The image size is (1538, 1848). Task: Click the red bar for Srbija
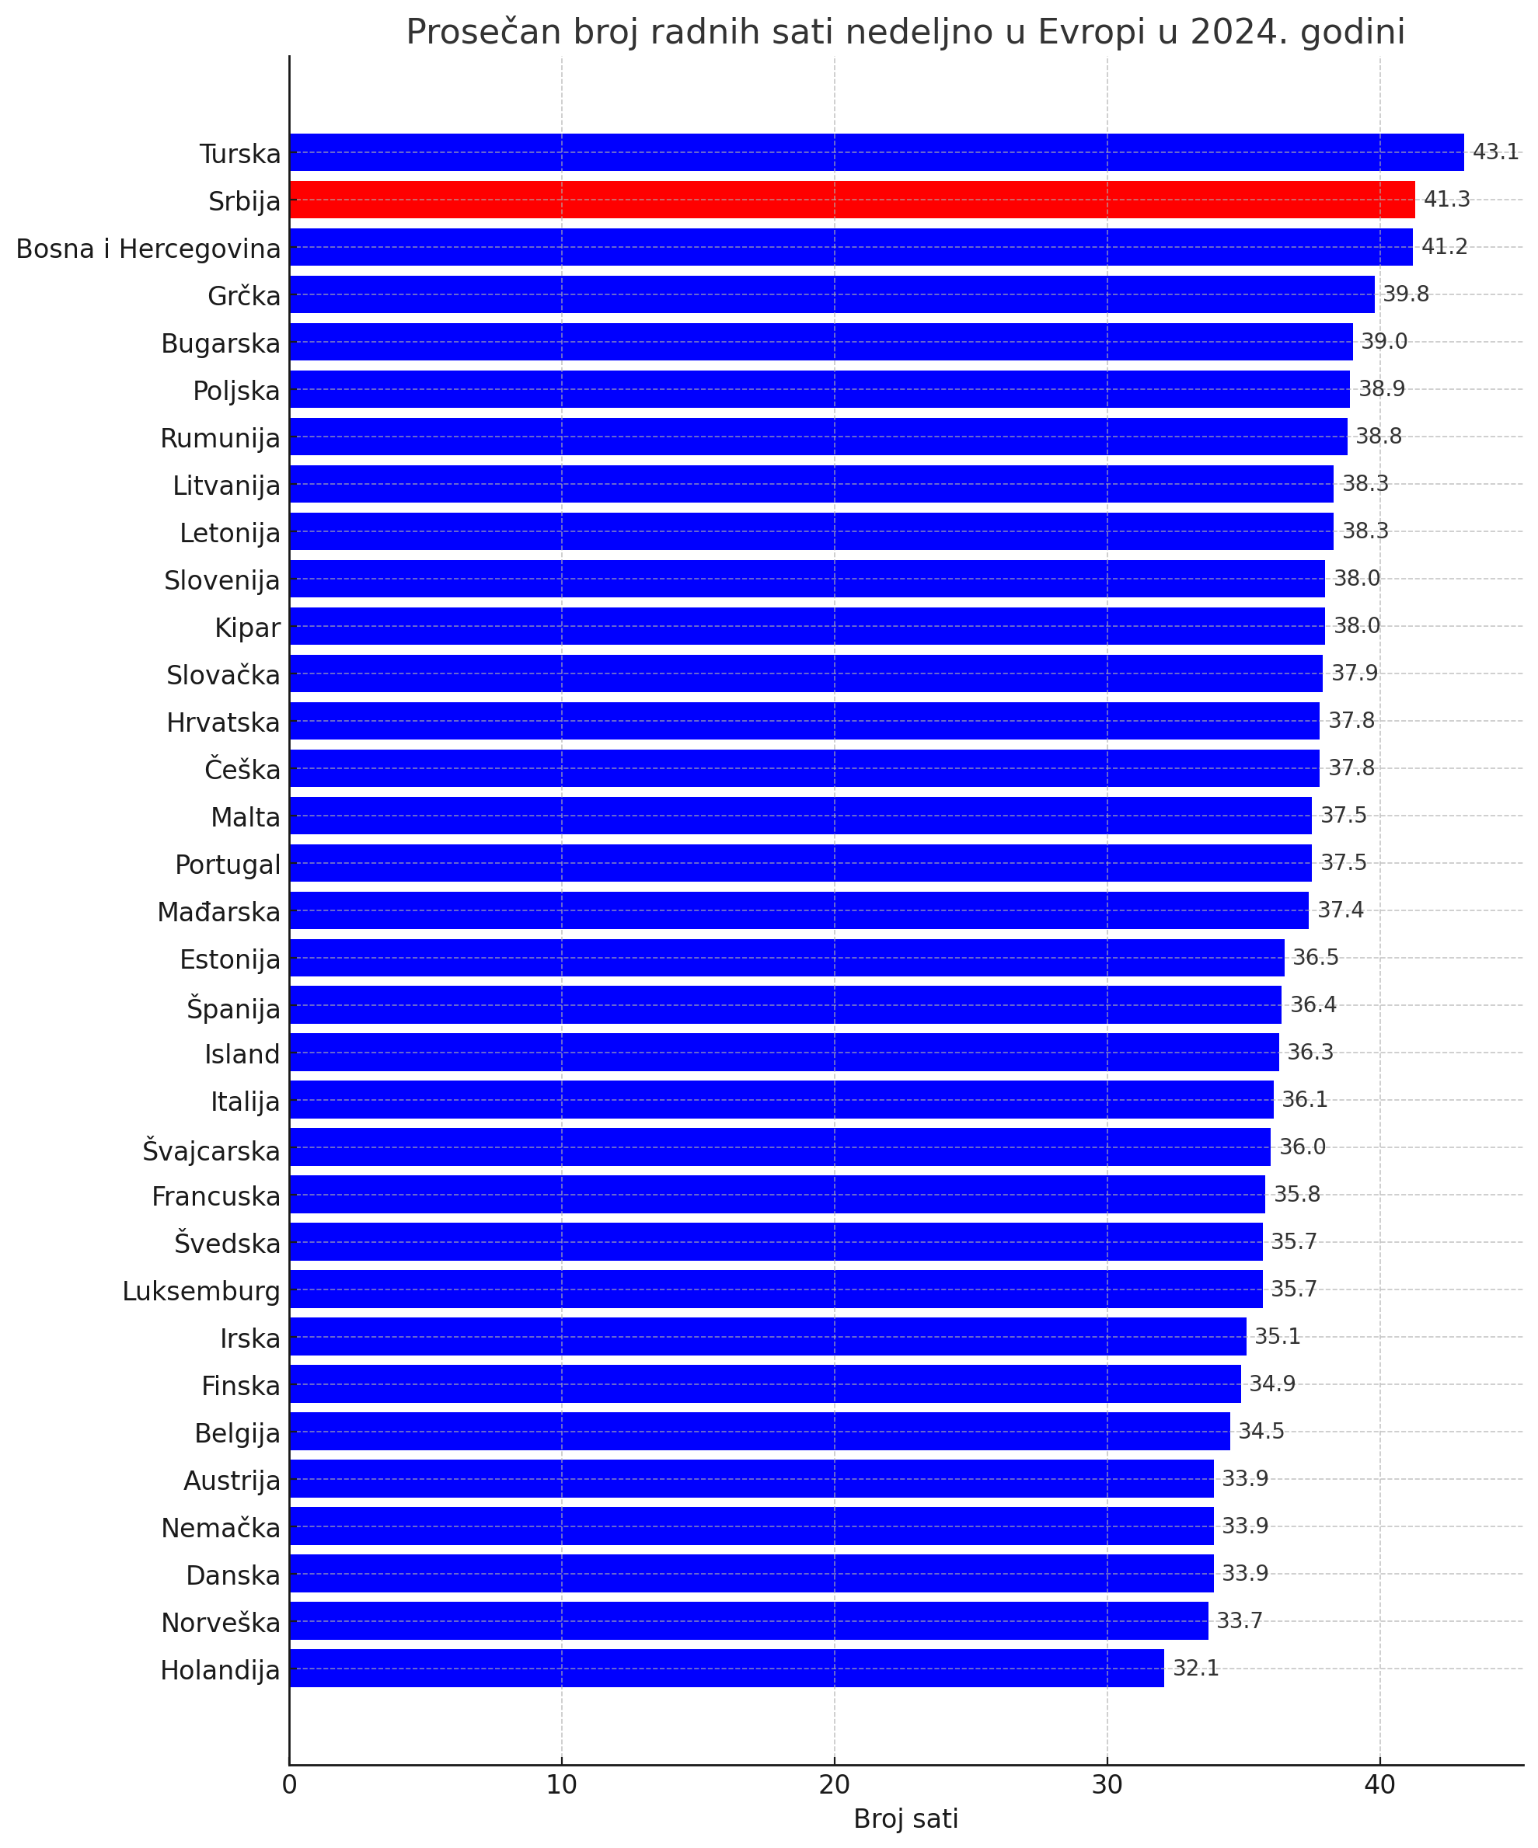coord(851,200)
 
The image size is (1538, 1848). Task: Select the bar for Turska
coord(876,152)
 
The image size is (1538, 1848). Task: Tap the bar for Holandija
coord(727,1668)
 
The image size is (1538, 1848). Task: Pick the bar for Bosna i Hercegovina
coord(850,247)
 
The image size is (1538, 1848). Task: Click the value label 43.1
coord(1496,152)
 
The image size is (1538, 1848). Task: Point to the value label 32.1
coord(1195,1668)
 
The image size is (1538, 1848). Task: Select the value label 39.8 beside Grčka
coord(1406,294)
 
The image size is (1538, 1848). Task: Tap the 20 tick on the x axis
coord(834,1784)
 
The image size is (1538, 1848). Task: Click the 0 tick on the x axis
coord(289,1784)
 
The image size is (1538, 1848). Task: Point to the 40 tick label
coord(1379,1784)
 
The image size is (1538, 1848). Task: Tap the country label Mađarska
coord(218,913)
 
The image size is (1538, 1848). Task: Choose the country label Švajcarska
coord(211,1150)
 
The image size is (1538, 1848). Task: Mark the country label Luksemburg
coord(201,1291)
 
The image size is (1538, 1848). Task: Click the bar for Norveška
coord(748,1620)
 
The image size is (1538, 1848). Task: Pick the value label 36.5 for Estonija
coord(1315,958)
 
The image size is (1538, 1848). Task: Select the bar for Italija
coord(781,1099)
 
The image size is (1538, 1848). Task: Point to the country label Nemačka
coord(220,1528)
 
